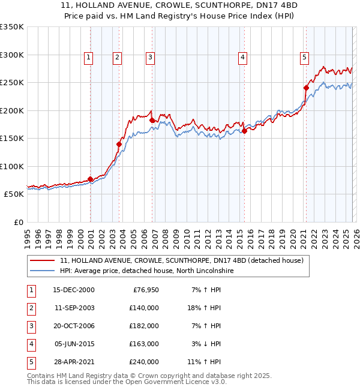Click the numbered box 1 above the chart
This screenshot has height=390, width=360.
(x=88, y=58)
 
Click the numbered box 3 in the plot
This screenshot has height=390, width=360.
(x=149, y=58)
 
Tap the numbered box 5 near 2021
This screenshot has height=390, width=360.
(x=304, y=58)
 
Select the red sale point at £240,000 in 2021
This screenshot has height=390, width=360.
(x=306, y=88)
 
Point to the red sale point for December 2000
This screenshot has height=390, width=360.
(x=90, y=179)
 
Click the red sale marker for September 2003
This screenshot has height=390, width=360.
(x=119, y=144)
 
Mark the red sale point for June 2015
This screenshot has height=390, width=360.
(x=244, y=131)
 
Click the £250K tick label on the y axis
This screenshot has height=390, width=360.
(x=11, y=82)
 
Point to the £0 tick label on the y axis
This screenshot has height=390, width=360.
(x=17, y=222)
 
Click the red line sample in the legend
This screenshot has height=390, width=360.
(x=42, y=260)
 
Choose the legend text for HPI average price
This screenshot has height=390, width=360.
(x=146, y=271)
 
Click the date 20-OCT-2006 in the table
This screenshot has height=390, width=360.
(x=74, y=326)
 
